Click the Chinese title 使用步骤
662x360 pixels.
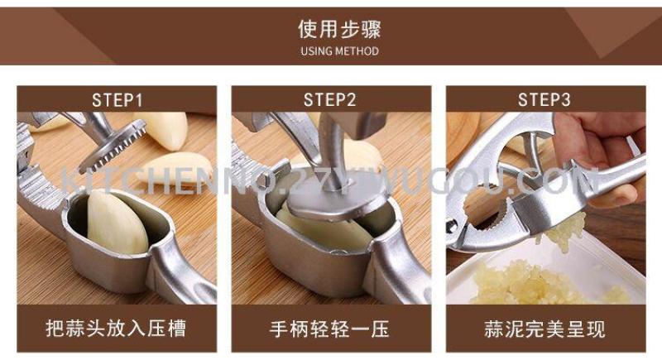339,30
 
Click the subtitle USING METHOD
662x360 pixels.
339,51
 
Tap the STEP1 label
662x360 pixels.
117,100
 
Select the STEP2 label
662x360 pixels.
329,100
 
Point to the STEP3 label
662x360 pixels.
544,100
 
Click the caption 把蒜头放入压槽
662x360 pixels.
116,329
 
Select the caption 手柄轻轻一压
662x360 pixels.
329,329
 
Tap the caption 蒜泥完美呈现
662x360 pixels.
544,329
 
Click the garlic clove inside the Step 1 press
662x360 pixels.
117,223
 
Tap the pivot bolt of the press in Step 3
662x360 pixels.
452,226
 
